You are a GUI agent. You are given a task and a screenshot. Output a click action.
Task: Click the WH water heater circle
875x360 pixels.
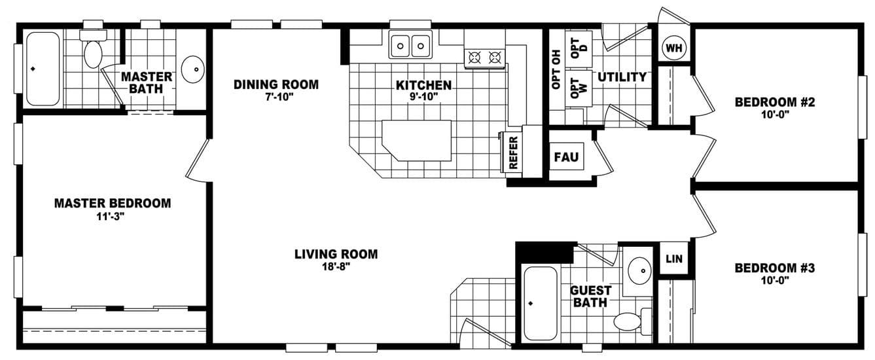673,47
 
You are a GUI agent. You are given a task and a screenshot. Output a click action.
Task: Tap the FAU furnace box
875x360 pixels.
565,157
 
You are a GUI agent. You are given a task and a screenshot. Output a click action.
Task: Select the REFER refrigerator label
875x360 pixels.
513,152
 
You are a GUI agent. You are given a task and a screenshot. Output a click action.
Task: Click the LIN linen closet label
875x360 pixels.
674,259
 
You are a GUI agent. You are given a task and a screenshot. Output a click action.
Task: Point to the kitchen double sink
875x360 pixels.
410,46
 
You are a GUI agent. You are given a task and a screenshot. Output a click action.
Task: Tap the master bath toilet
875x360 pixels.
93,52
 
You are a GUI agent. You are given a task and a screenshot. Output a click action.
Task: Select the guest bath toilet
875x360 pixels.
629,321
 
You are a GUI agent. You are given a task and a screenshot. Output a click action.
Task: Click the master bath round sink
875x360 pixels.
193,69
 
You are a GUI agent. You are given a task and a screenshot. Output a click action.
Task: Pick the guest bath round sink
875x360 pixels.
638,268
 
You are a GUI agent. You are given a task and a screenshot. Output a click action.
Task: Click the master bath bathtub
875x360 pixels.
43,69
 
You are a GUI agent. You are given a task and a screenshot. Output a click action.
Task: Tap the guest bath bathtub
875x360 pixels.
541,303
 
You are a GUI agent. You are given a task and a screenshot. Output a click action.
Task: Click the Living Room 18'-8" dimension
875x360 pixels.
336,266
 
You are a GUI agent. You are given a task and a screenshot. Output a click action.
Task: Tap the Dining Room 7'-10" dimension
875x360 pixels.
276,97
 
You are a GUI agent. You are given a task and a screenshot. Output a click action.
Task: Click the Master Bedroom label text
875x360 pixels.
113,203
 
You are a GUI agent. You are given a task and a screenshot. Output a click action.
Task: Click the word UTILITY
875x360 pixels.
622,77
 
